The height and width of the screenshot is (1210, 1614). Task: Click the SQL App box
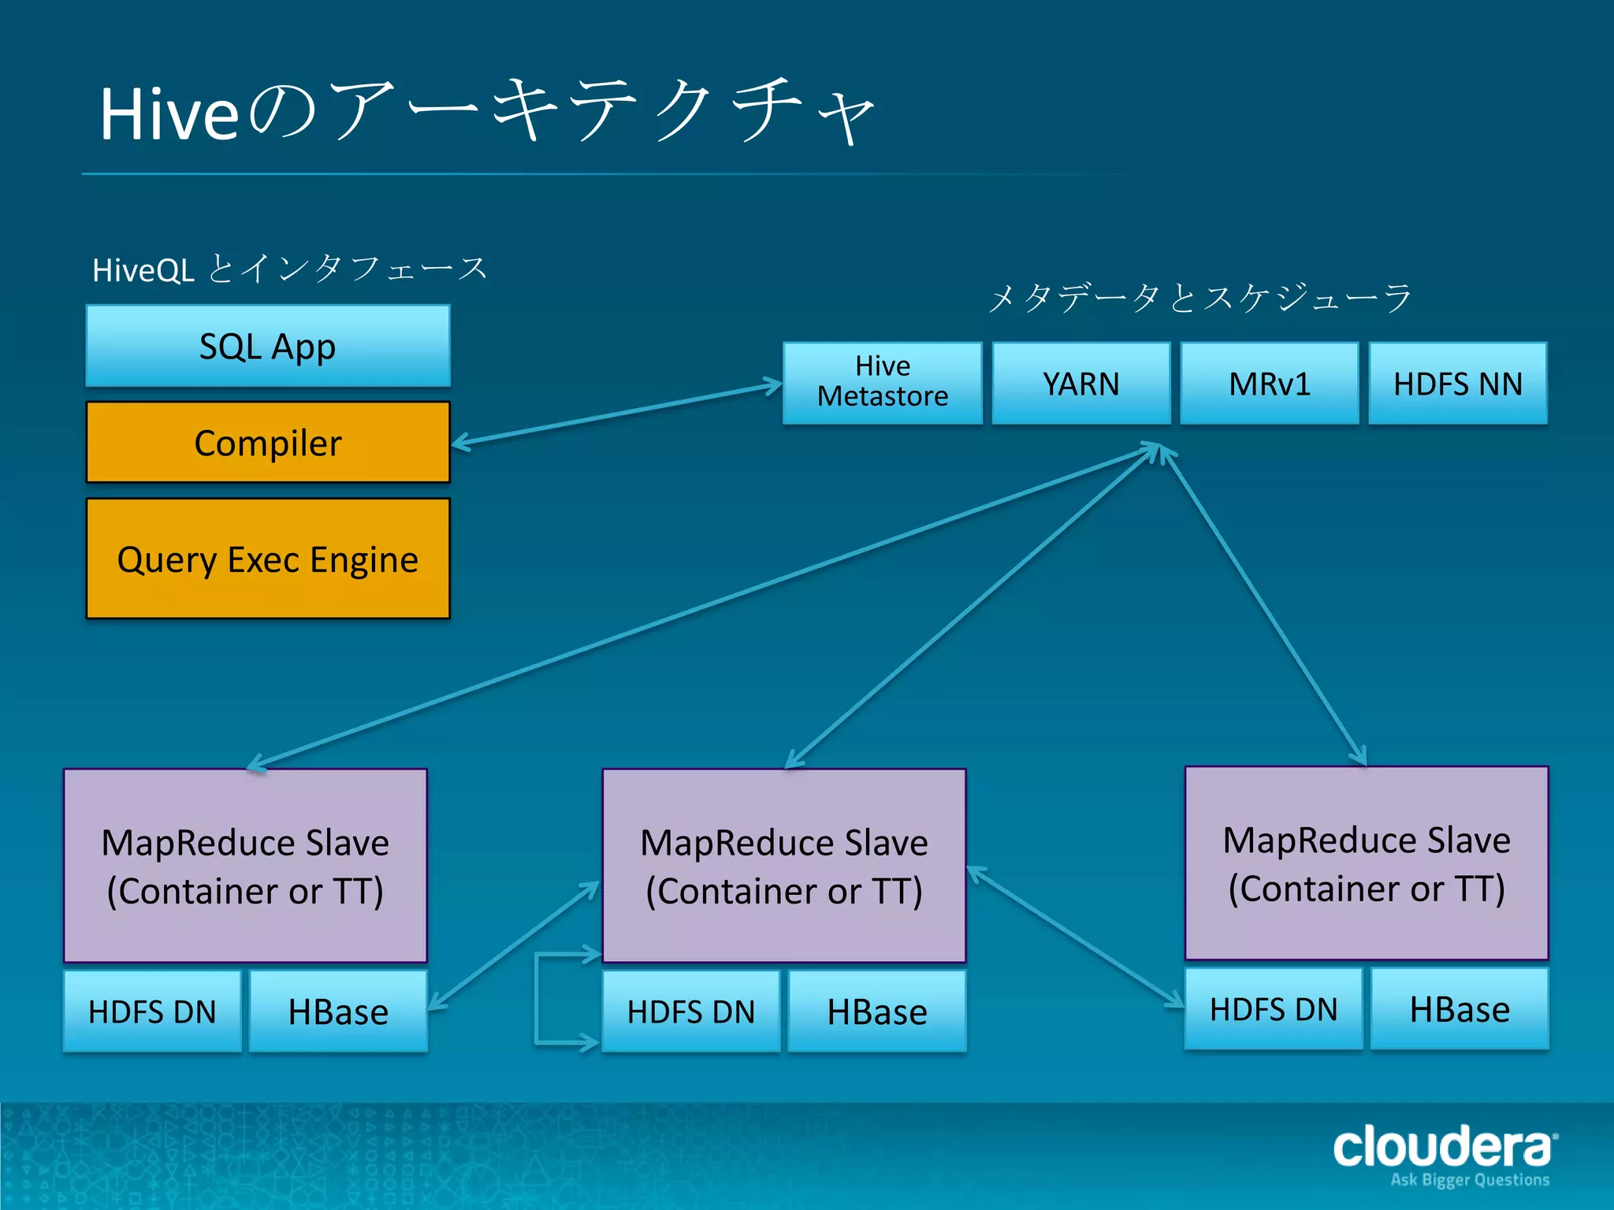[268, 347]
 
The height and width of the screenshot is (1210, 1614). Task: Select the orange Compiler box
[268, 443]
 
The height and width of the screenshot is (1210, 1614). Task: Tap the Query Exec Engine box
[268, 559]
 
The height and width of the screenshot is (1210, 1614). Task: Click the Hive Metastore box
[883, 383]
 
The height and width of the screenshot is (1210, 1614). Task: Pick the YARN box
[1080, 384]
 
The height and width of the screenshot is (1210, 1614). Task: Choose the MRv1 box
[1269, 384]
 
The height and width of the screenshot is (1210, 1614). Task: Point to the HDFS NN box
[1457, 384]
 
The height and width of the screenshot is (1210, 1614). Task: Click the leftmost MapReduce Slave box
[245, 865]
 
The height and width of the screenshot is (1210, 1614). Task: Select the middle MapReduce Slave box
[783, 865]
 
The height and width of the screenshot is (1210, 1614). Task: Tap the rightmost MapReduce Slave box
[1366, 863]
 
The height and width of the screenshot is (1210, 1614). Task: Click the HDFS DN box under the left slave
[152, 1011]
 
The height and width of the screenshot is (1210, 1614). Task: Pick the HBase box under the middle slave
[876, 1011]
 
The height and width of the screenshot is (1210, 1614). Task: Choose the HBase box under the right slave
[1459, 1009]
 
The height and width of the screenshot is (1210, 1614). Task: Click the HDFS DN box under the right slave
[1273, 1009]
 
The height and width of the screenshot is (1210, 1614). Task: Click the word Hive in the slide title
[169, 115]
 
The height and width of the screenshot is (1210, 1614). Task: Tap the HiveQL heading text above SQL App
[143, 271]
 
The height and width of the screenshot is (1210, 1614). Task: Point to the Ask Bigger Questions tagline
[1470, 1180]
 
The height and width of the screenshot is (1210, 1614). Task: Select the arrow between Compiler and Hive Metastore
[616, 414]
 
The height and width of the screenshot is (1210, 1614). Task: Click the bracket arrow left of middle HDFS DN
[537, 999]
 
